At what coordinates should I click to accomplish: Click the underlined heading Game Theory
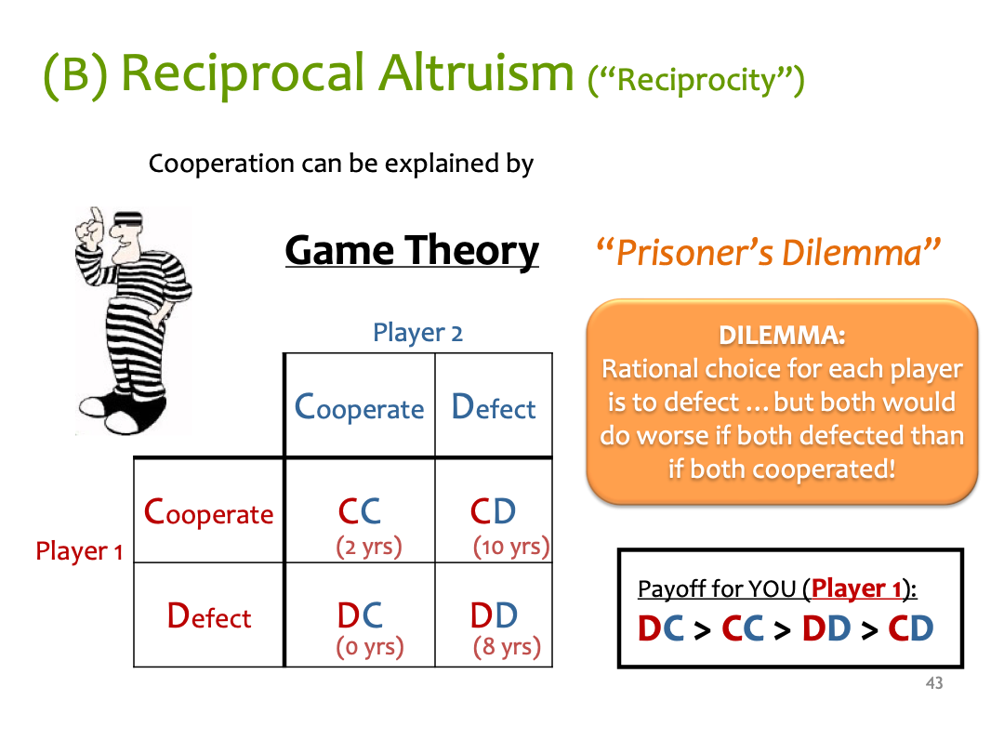[x=412, y=250]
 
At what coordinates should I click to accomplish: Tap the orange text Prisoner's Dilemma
[x=769, y=252]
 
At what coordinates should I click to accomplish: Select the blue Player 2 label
[x=417, y=333]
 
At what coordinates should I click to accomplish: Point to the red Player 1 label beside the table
[x=79, y=551]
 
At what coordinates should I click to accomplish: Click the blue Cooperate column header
[x=359, y=408]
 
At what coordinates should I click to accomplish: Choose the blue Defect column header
[x=493, y=407]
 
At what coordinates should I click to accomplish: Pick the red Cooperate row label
[x=209, y=513]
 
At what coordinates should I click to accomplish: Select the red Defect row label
[x=209, y=616]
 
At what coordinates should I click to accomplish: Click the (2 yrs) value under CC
[x=369, y=547]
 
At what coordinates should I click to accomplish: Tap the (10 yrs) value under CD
[x=511, y=547]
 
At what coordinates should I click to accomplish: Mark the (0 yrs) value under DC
[x=369, y=647]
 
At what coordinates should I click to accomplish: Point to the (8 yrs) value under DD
[x=507, y=647]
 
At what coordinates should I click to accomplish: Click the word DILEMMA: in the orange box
[x=782, y=335]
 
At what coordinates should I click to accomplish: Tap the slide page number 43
[x=934, y=683]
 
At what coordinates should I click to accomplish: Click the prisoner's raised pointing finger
[x=96, y=219]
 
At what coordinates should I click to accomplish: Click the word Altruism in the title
[x=476, y=73]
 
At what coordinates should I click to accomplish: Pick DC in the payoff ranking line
[x=661, y=628]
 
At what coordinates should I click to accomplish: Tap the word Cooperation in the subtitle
[x=221, y=164]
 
